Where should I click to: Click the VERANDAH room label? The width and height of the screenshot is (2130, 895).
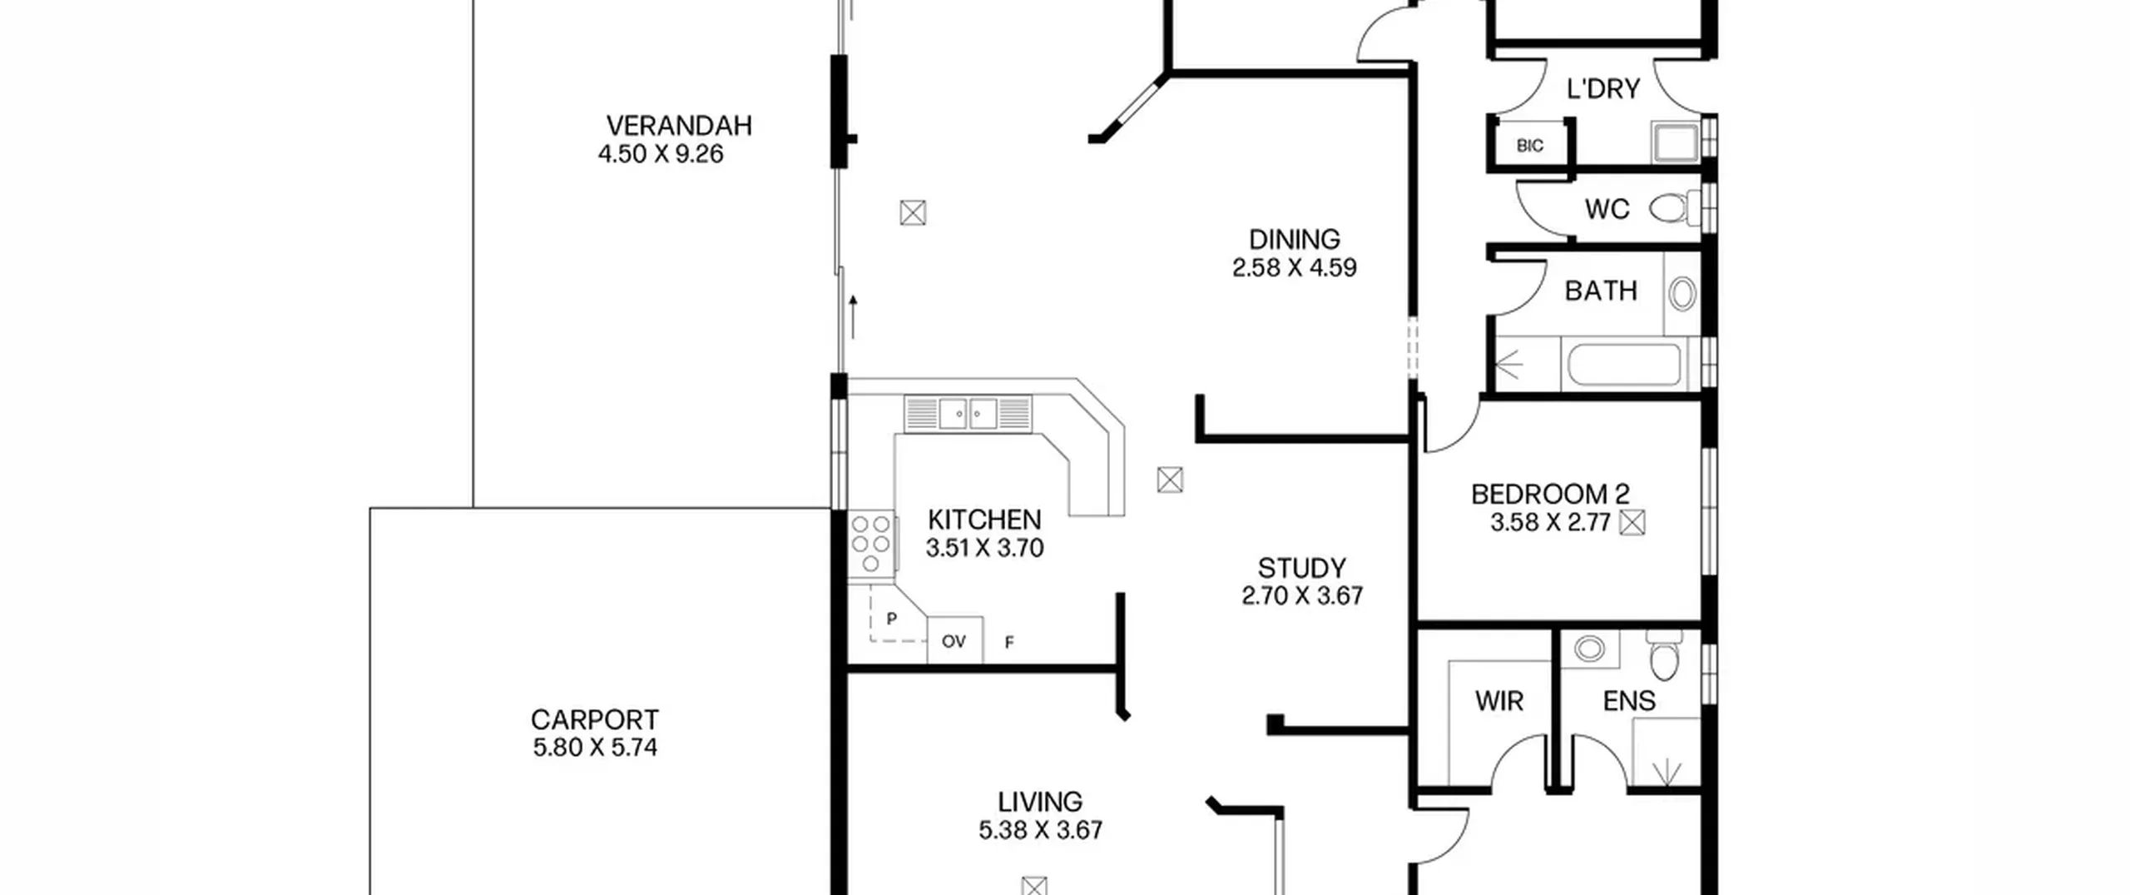pyautogui.click(x=679, y=126)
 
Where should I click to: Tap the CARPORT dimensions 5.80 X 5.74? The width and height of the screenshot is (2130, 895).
pyautogui.click(x=595, y=748)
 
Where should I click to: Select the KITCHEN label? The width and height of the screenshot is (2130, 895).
pyautogui.click(x=984, y=520)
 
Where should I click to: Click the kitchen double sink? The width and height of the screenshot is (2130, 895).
pyautogui.click(x=968, y=414)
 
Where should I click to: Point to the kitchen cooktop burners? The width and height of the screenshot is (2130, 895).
pyautogui.click(x=871, y=544)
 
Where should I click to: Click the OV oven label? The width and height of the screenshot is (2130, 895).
pyautogui.click(x=954, y=641)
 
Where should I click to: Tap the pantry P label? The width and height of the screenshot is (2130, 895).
pyautogui.click(x=892, y=619)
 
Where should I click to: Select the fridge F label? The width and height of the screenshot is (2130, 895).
pyautogui.click(x=1009, y=642)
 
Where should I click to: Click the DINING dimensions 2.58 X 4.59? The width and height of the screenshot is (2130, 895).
pyautogui.click(x=1294, y=267)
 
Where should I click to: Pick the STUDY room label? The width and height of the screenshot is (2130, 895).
pyautogui.click(x=1301, y=569)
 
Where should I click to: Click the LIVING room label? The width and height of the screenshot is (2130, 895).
pyautogui.click(x=1040, y=802)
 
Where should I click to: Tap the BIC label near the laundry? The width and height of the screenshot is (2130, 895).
pyautogui.click(x=1529, y=146)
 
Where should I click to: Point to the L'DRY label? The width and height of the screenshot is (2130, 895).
pyautogui.click(x=1602, y=89)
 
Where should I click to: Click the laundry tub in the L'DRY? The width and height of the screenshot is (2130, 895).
pyautogui.click(x=1675, y=142)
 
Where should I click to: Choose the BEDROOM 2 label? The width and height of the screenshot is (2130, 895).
pyautogui.click(x=1550, y=495)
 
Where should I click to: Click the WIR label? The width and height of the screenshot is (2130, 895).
pyautogui.click(x=1499, y=701)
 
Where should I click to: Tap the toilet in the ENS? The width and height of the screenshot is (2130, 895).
pyautogui.click(x=1664, y=656)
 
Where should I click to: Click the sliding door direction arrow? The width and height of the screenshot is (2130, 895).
pyautogui.click(x=853, y=316)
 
